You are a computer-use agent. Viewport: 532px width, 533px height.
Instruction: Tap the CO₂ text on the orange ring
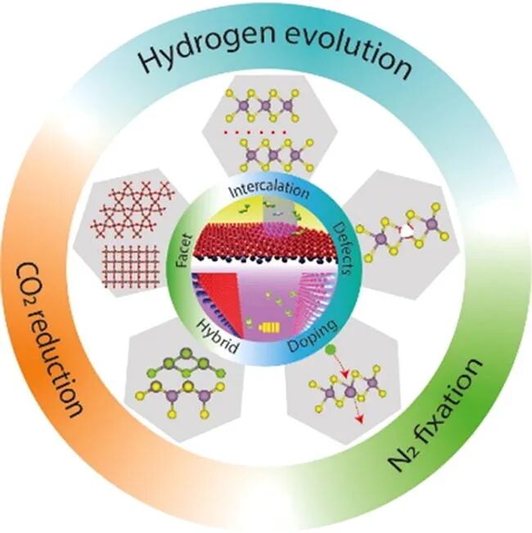[35, 273]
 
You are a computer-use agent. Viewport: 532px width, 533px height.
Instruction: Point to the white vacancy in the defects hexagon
[404, 232]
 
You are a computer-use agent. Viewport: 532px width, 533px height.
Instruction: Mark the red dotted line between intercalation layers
[266, 129]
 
